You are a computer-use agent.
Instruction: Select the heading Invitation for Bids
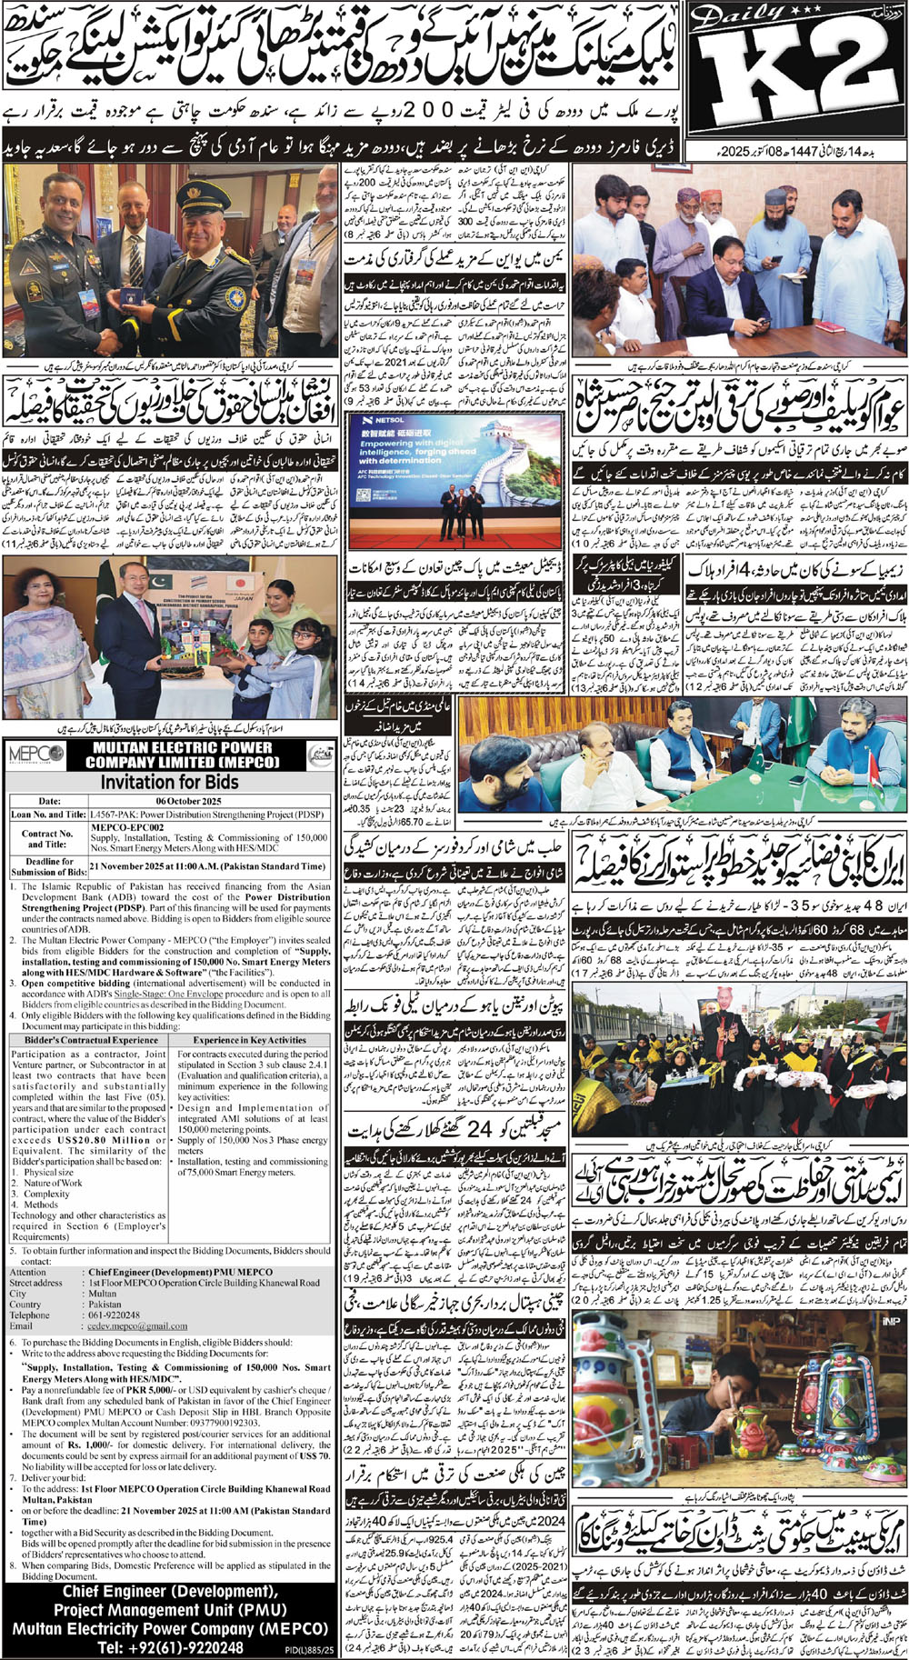click(170, 781)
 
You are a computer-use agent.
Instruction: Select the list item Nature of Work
click(55, 1183)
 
